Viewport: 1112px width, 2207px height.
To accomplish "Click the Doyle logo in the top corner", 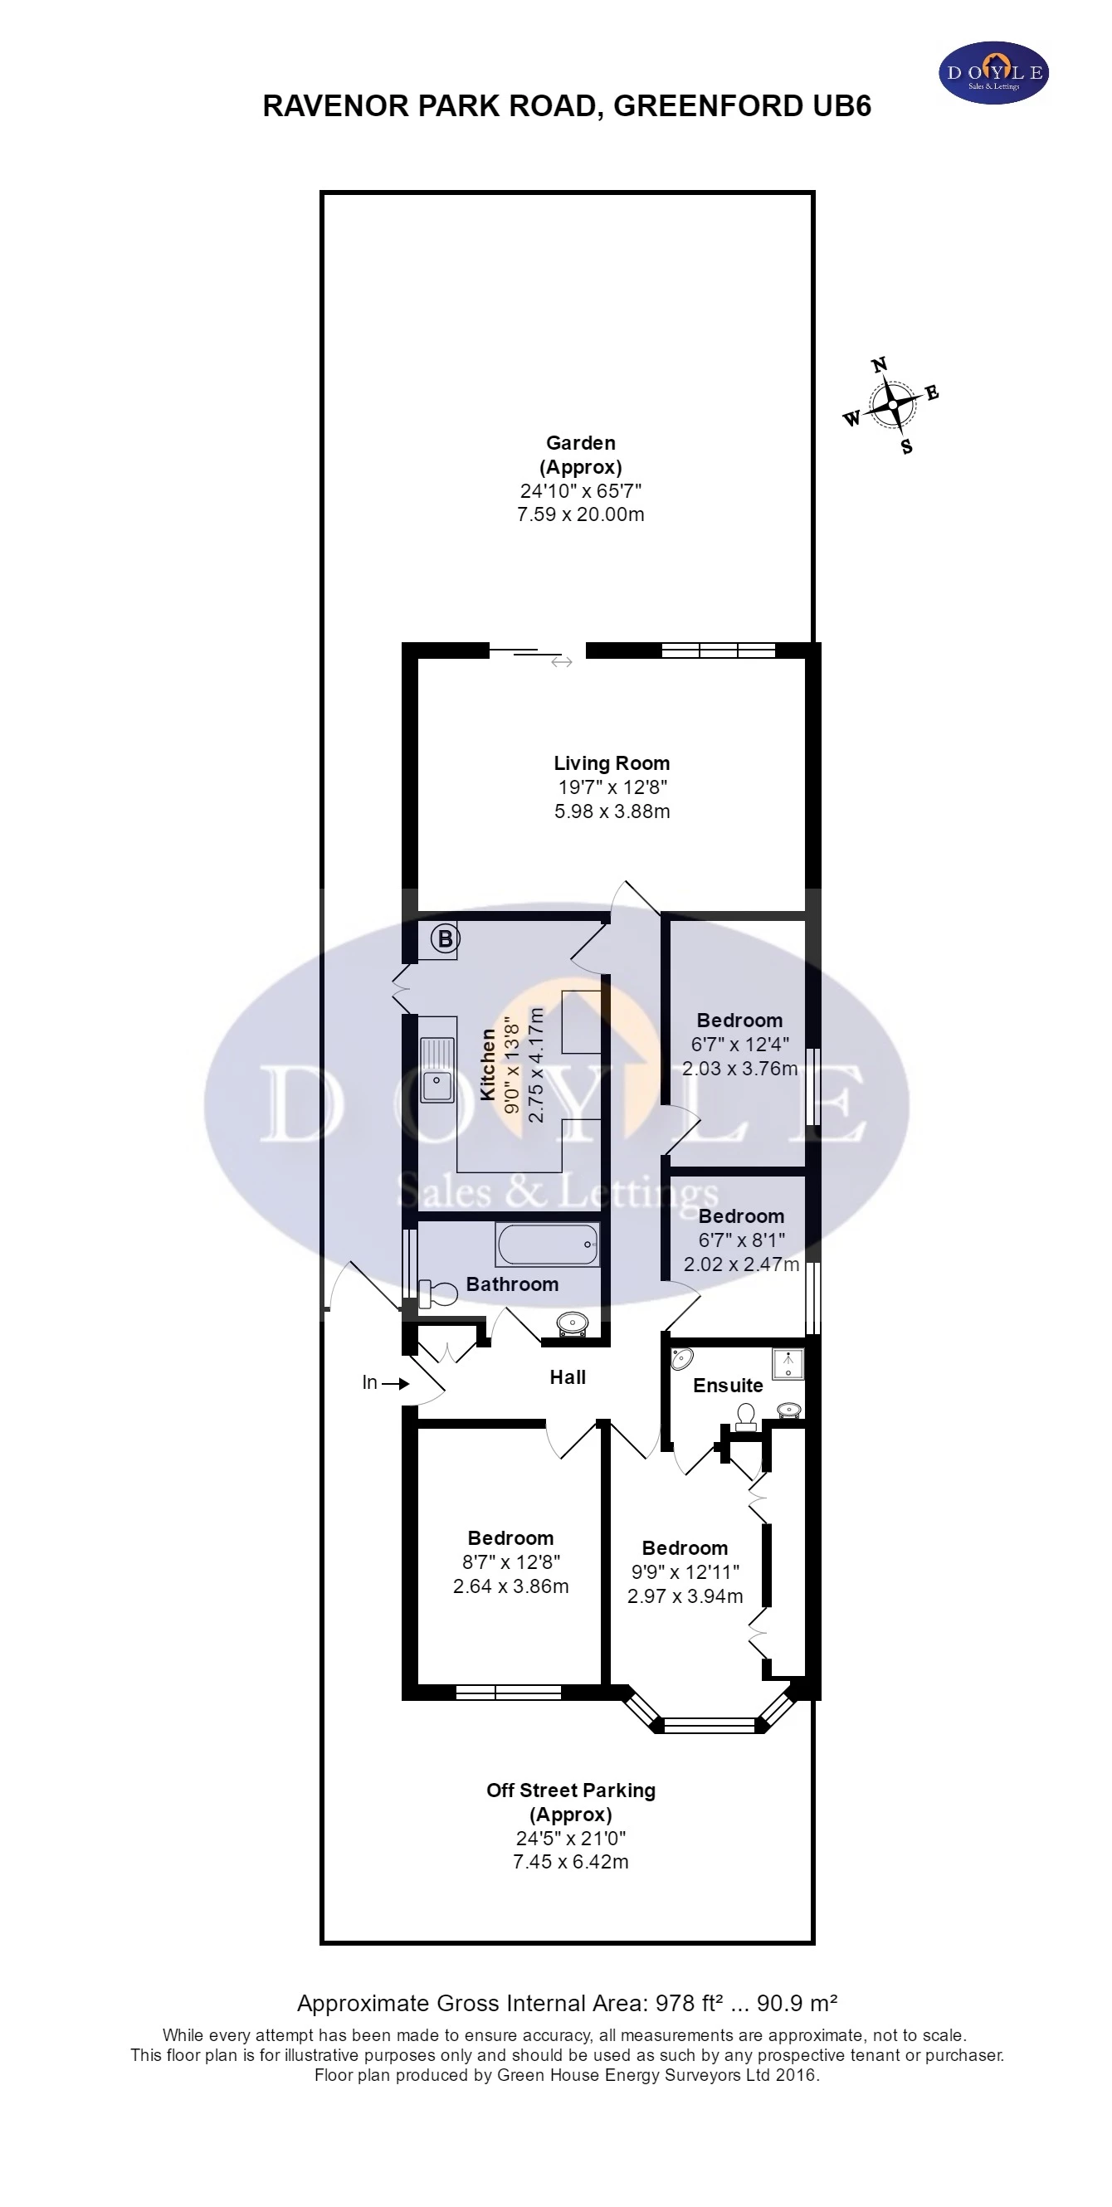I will click(x=993, y=73).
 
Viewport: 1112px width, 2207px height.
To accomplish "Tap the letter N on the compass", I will click(x=879, y=365).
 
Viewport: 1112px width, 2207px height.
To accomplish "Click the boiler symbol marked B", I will click(x=445, y=939).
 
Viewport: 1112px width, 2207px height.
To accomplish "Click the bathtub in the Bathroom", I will click(x=548, y=1244).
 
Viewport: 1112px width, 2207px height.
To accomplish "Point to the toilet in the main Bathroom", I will click(x=438, y=1293).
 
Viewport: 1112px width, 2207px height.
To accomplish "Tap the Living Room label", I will click(x=611, y=762).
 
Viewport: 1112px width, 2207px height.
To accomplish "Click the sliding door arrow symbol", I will click(x=561, y=661).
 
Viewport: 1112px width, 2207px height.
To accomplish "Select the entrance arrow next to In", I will click(x=396, y=1383).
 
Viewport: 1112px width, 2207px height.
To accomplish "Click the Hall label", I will click(x=567, y=1376).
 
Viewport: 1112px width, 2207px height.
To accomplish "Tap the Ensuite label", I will click(x=727, y=1386).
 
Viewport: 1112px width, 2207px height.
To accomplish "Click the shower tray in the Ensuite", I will click(x=788, y=1363).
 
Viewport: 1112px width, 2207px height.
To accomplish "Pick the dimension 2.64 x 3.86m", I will click(x=510, y=1586).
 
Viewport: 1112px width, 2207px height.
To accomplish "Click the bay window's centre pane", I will click(x=710, y=1724).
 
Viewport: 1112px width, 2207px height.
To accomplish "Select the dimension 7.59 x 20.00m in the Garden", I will click(x=580, y=514).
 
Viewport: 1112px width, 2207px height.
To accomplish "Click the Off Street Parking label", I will click(x=571, y=1790).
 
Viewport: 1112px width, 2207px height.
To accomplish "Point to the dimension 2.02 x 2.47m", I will click(x=741, y=1264).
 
